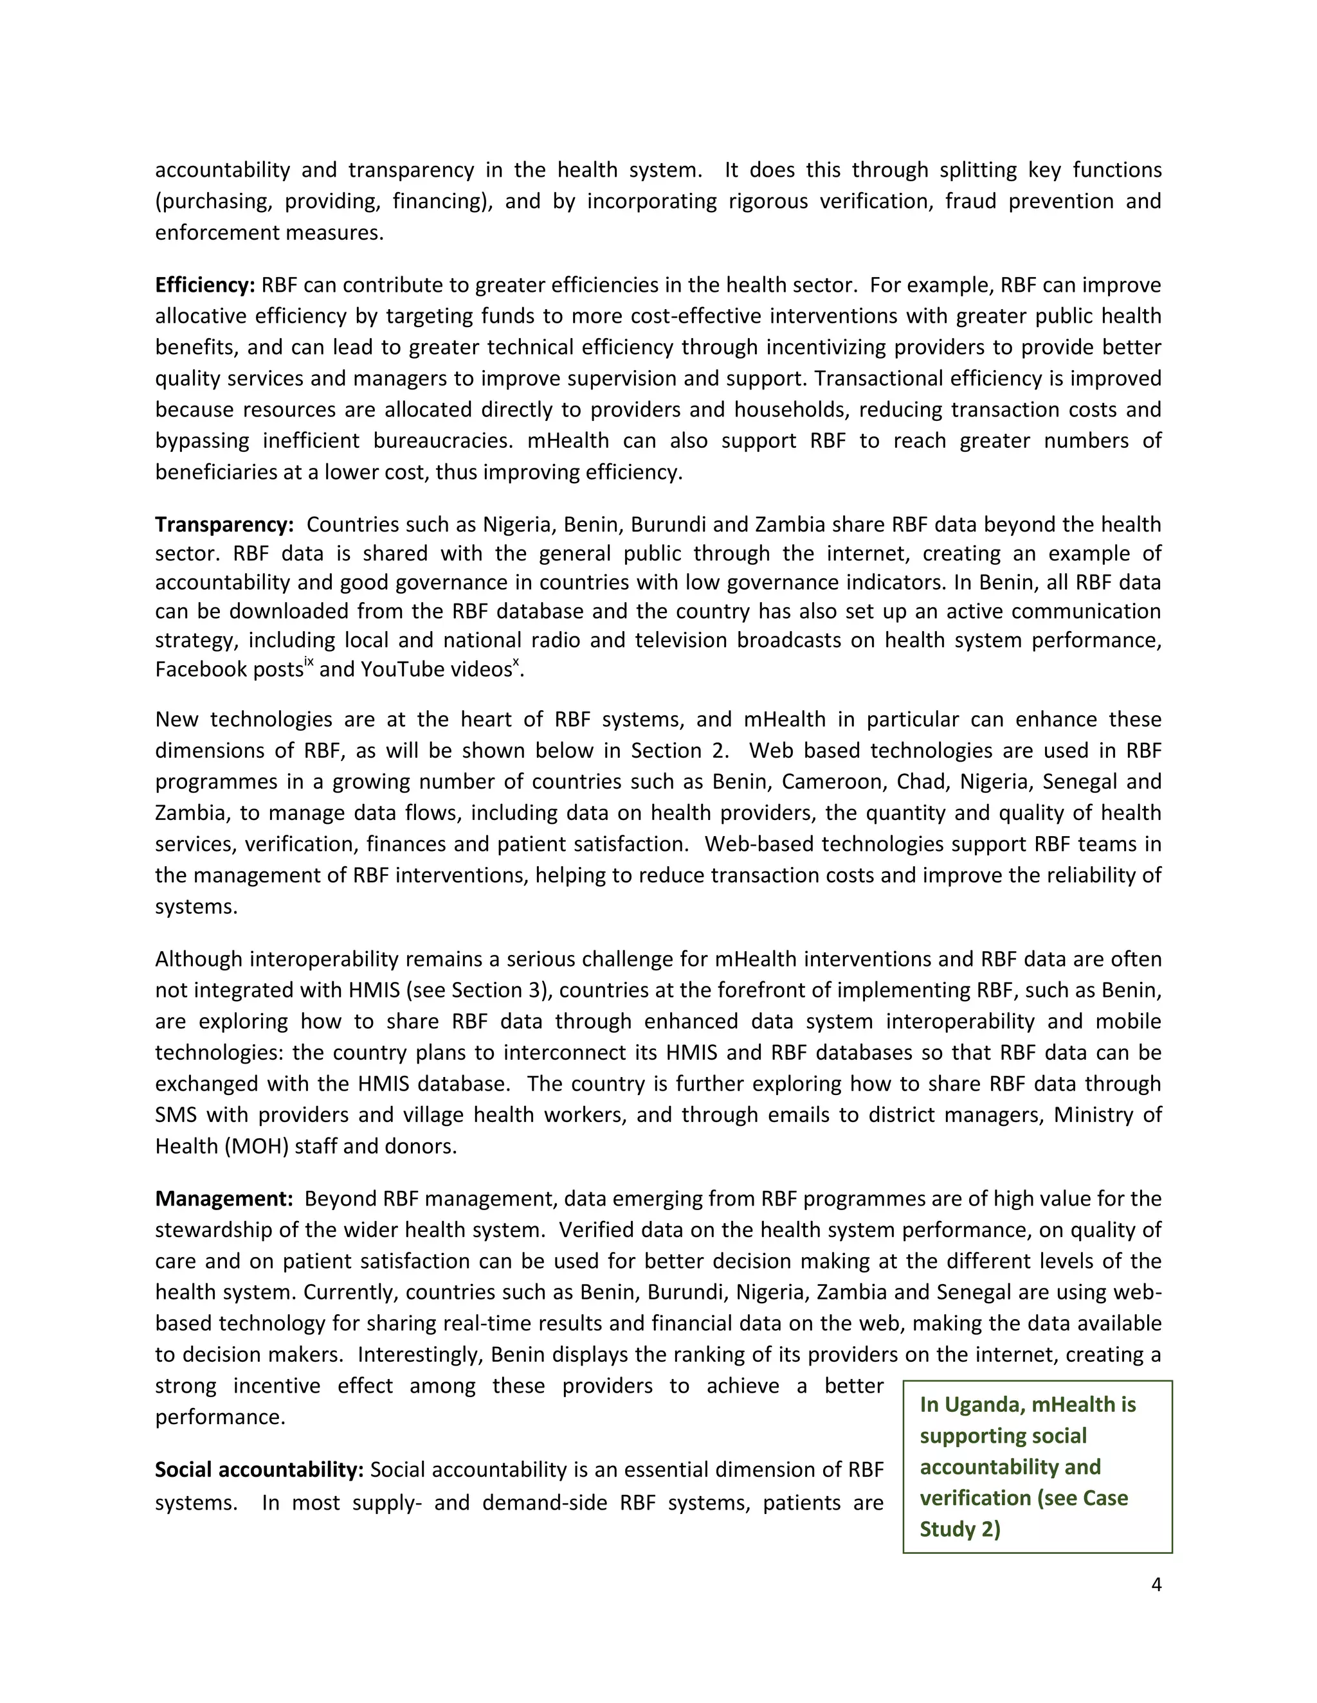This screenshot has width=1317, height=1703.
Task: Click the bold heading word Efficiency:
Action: pos(204,285)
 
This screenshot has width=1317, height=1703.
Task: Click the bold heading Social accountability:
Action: pos(259,1470)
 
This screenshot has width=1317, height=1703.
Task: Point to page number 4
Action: pos(1156,1585)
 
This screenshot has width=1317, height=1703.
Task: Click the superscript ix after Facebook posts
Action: pos(309,662)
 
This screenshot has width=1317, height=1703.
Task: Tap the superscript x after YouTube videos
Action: pos(516,662)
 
